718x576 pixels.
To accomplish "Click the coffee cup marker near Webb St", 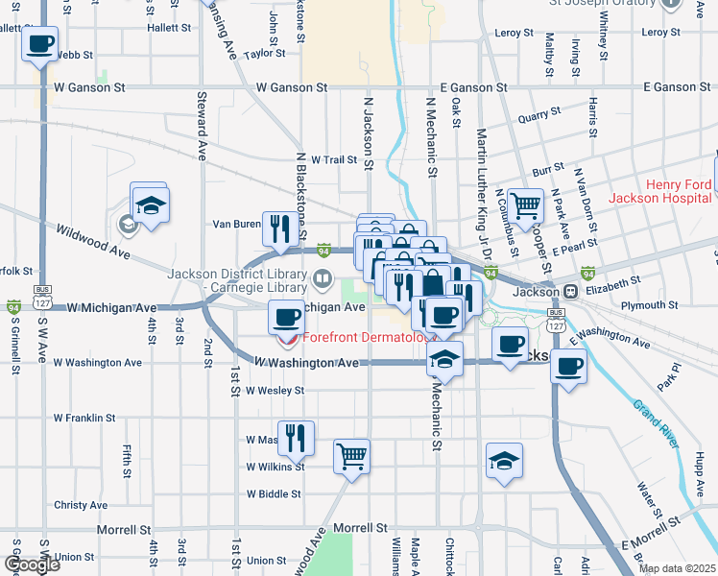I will click(x=39, y=44).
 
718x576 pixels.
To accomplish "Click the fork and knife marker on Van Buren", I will click(x=279, y=228).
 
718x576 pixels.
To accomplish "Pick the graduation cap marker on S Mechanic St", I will click(x=444, y=359).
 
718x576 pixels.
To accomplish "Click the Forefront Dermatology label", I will click(x=369, y=338).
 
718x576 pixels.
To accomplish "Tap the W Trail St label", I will click(x=326, y=159).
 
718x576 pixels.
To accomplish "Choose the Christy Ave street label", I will click(x=81, y=505).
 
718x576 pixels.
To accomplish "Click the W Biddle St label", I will click(x=274, y=494).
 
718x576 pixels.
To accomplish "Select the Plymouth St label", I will click(x=650, y=305).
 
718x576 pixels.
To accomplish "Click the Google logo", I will click(x=32, y=564).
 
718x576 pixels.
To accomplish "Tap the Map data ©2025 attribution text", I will click(x=678, y=568).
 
